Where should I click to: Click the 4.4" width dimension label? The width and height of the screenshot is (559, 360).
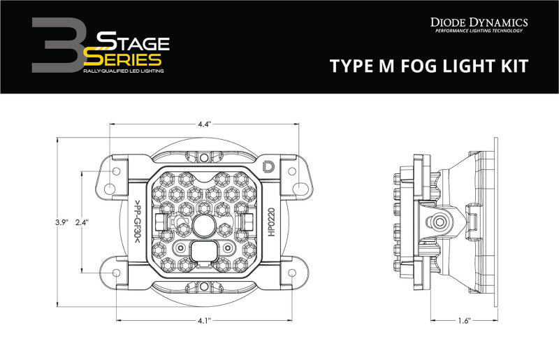(x=204, y=124)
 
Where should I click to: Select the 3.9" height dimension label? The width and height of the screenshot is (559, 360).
(x=61, y=222)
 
